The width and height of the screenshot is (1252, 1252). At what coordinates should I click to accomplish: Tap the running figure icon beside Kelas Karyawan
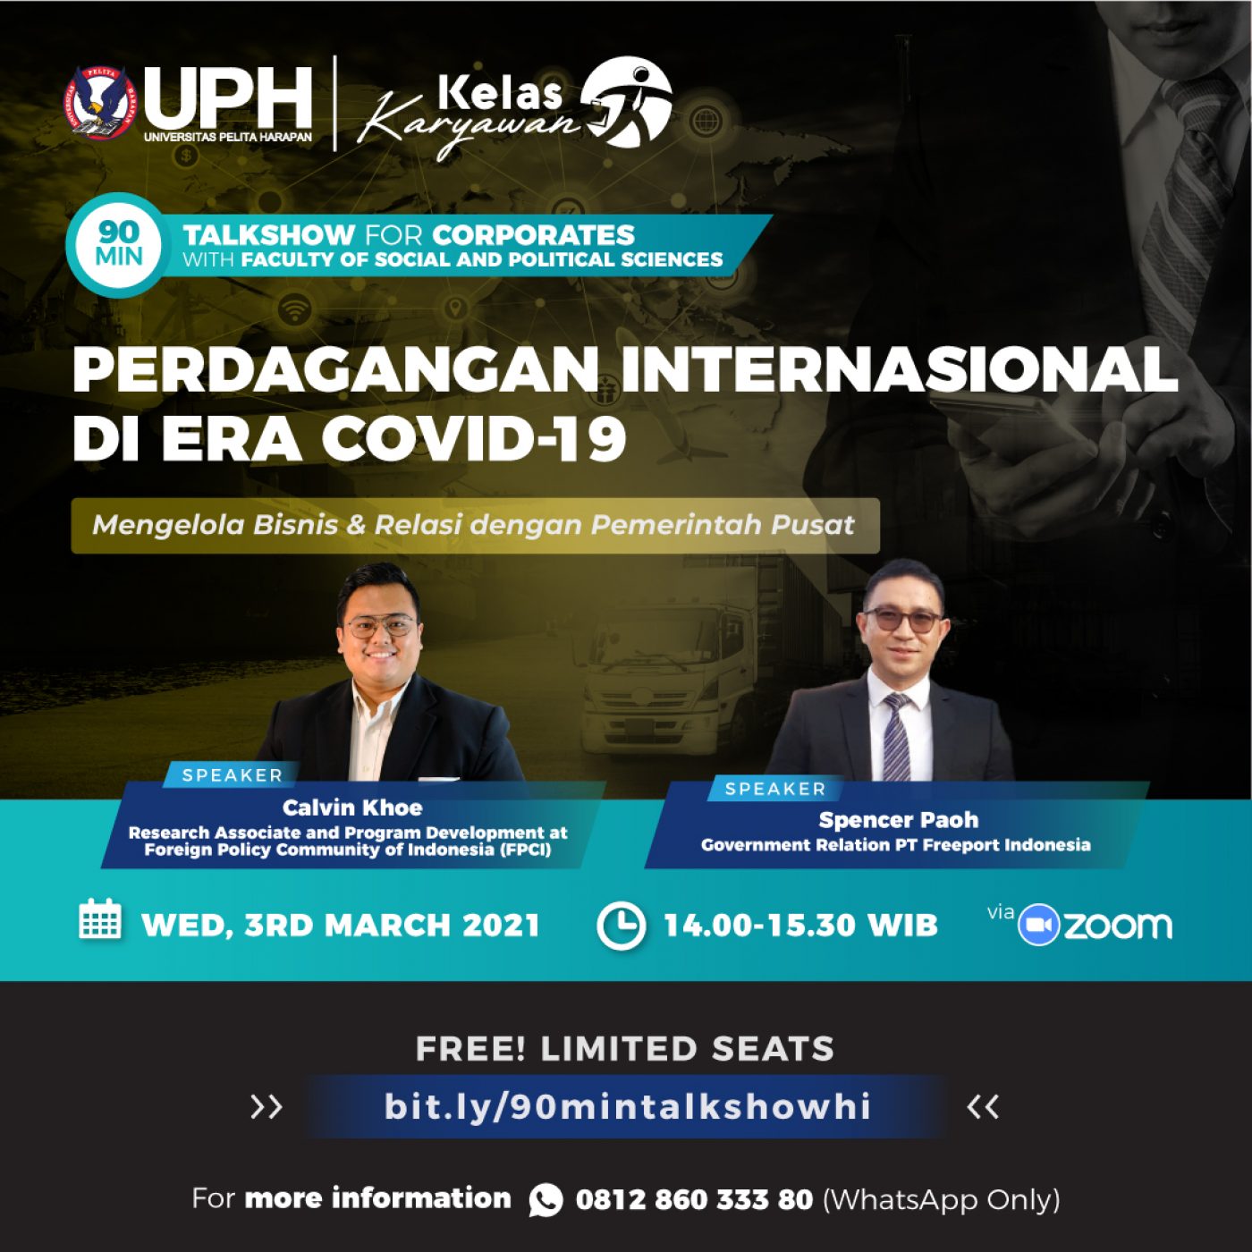626,101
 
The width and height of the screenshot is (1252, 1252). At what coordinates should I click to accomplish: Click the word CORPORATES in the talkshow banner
533,234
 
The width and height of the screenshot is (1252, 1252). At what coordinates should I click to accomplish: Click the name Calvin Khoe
352,808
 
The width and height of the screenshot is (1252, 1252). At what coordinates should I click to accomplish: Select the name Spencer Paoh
898,820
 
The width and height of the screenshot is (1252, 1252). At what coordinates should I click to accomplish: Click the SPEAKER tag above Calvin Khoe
232,775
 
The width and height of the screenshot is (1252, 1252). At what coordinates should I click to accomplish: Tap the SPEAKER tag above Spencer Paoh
775,789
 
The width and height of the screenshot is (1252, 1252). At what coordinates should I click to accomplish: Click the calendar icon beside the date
99,919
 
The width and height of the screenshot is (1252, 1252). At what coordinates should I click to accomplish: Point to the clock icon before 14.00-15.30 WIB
622,926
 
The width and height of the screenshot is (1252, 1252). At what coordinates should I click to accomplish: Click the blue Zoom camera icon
1039,925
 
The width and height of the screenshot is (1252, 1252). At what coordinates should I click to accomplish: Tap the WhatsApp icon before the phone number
546,1199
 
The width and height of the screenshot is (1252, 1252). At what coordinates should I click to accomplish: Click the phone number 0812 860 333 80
694,1199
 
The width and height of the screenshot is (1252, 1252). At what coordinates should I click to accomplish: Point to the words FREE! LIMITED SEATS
625,1048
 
